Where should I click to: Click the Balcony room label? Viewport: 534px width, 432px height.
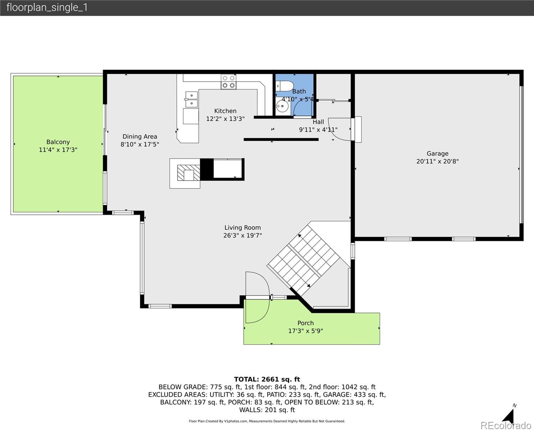coord(58,142)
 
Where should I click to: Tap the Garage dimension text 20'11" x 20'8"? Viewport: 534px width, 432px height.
coord(438,161)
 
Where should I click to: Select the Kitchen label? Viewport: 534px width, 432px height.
coord(225,111)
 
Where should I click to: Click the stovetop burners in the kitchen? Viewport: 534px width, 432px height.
coord(228,82)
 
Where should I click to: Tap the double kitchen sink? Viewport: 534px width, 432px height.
coord(191,99)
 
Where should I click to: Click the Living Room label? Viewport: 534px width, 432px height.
coord(243,228)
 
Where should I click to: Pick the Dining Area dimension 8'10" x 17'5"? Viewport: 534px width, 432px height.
coord(140,144)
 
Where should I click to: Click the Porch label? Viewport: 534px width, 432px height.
coord(306,323)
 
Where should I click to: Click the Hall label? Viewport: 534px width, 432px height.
coord(318,122)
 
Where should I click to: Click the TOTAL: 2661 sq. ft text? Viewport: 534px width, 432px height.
coord(267,379)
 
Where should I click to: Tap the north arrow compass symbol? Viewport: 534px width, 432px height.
coord(509,416)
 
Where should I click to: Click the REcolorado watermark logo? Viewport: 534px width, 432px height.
coord(506,425)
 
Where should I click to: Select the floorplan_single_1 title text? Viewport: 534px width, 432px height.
coord(47,8)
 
